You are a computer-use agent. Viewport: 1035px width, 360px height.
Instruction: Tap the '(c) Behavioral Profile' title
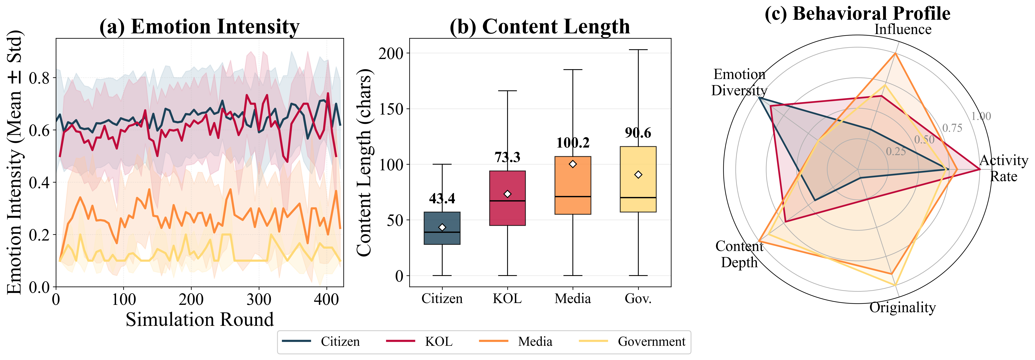tap(857, 13)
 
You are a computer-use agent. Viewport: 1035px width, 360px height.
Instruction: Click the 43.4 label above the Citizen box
tap(442, 198)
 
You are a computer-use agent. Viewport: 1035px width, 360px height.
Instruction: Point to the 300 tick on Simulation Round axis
tap(259, 299)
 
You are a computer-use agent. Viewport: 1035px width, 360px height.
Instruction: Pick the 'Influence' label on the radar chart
tap(902, 29)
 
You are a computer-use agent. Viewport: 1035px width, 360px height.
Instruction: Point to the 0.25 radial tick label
tap(896, 151)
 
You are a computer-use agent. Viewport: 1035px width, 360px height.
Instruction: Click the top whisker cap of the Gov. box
tap(638, 50)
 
